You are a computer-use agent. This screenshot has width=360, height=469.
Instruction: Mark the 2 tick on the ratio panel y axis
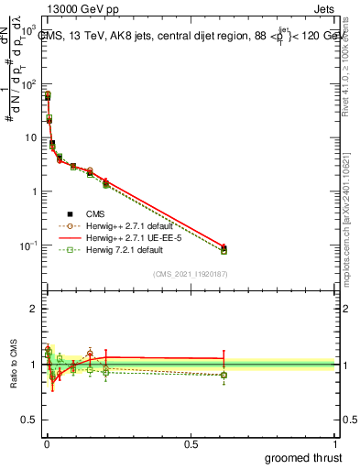tap(33, 309)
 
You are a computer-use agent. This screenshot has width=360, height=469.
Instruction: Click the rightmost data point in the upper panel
tap(224, 249)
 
